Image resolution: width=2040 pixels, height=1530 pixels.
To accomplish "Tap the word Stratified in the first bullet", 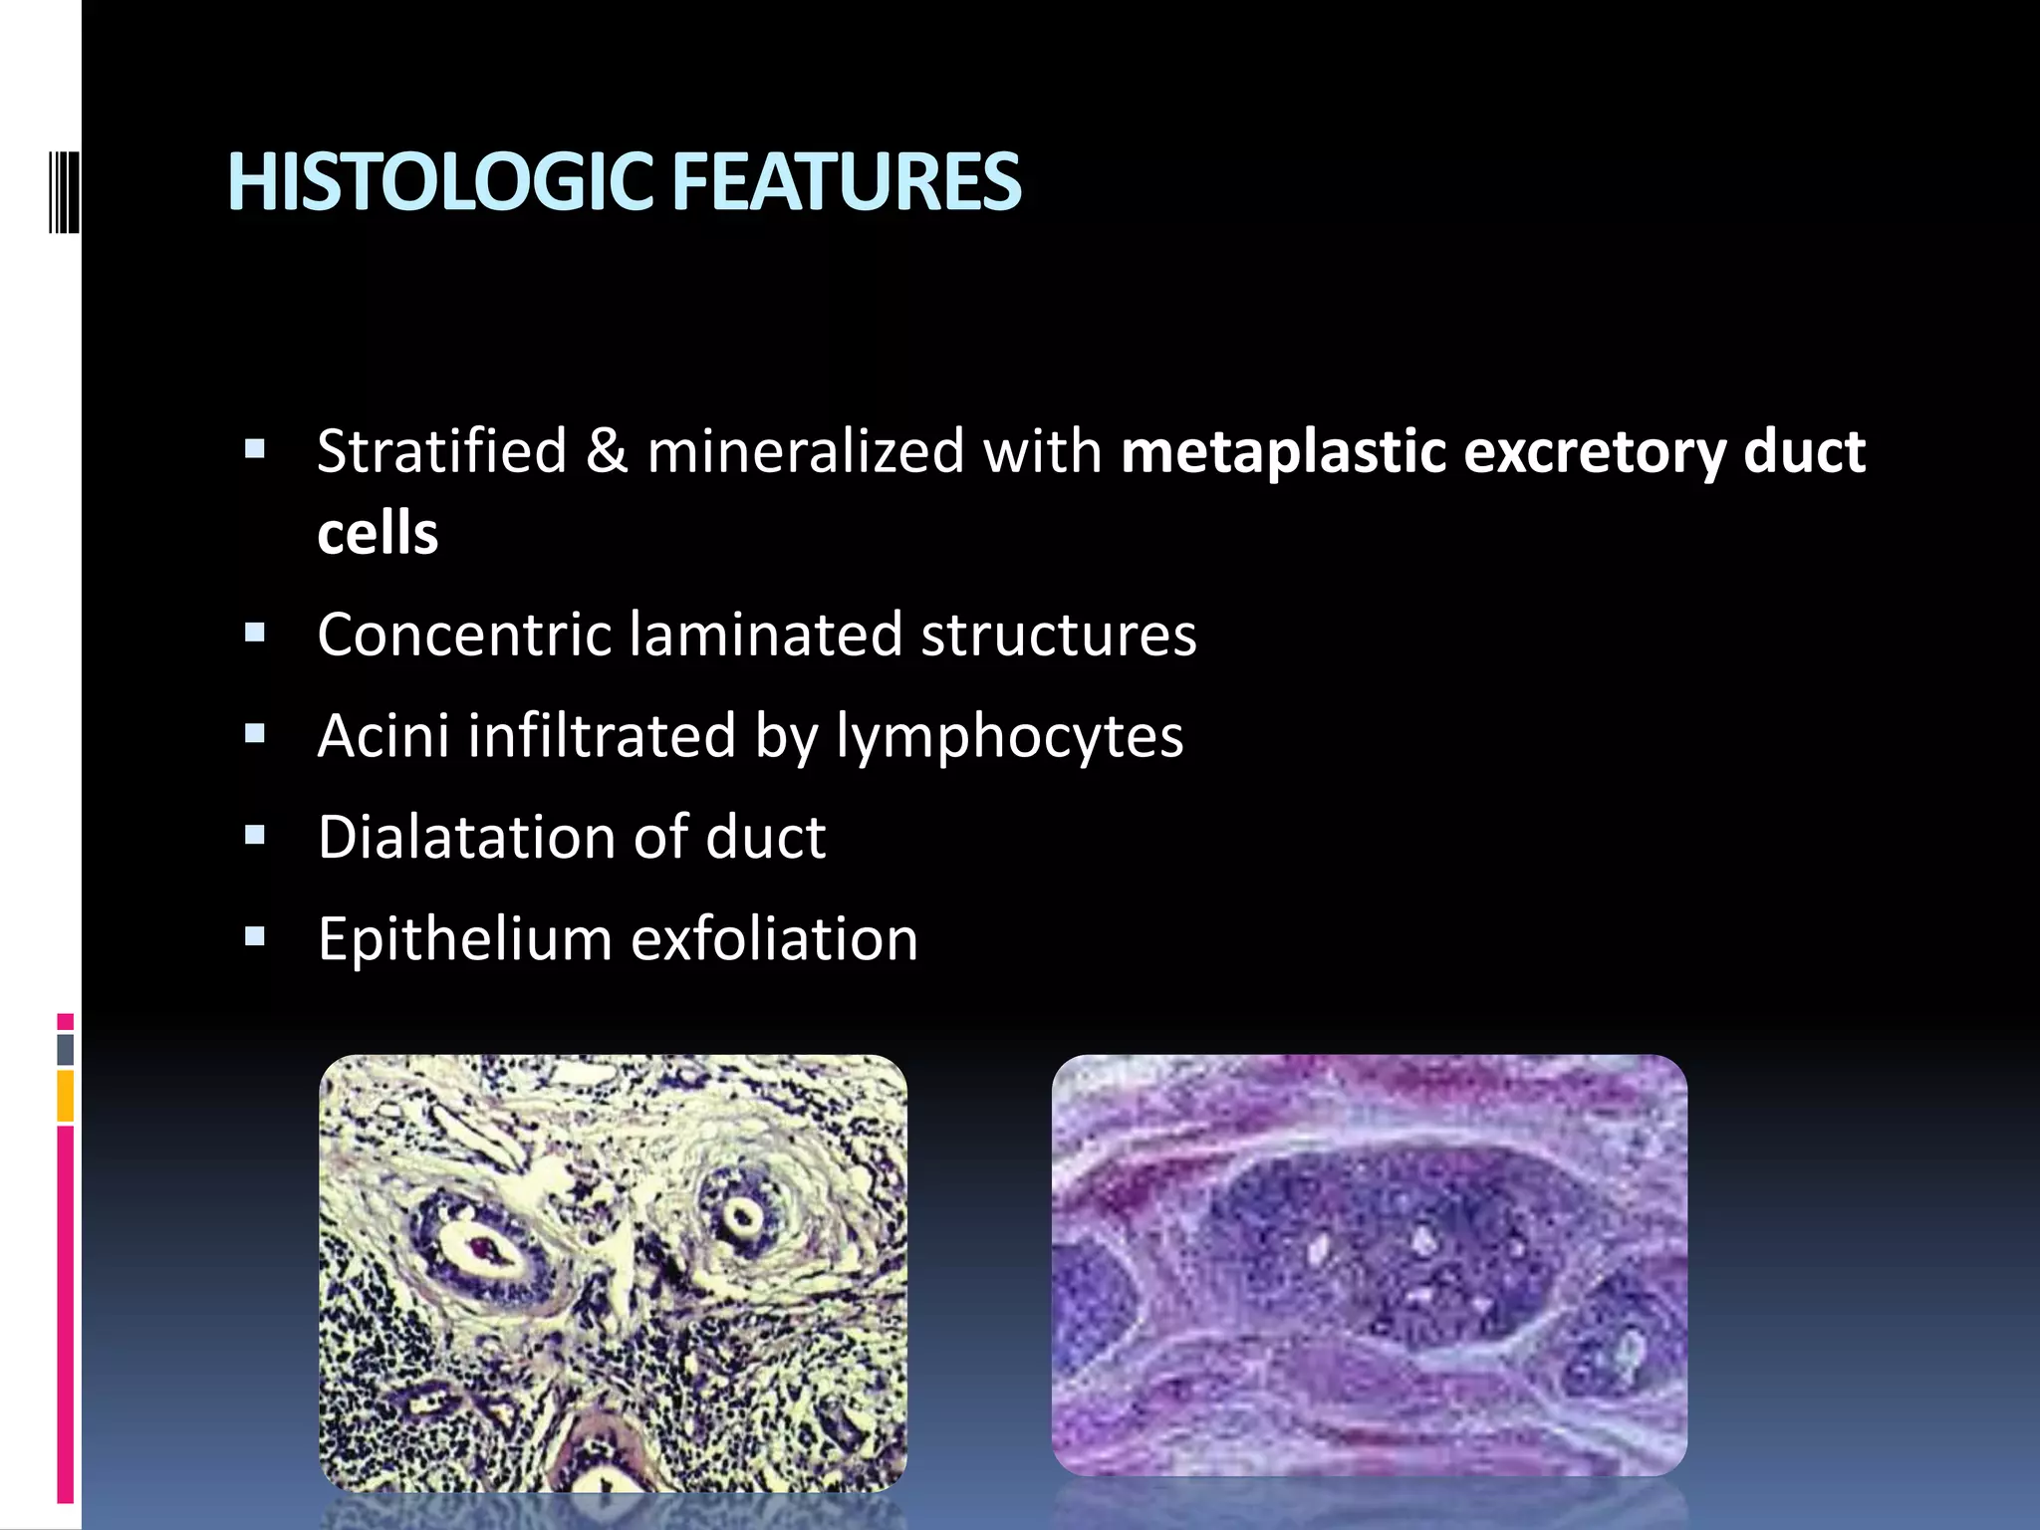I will point(441,451).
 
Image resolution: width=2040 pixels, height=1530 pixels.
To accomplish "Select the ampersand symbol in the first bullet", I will point(606,451).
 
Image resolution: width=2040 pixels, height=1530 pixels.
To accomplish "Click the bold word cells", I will point(378,534).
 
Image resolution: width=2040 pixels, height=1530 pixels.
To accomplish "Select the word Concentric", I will point(463,635).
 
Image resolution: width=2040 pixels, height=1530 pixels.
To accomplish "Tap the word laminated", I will point(765,635).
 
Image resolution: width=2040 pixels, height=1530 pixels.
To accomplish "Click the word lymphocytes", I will point(1009,738).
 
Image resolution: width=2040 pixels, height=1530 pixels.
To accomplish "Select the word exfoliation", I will point(774,939).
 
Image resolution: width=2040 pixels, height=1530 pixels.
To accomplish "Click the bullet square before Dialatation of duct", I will point(255,835).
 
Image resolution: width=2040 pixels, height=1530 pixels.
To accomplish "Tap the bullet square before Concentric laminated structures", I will point(255,633).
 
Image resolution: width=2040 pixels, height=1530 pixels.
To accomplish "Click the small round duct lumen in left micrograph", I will point(741,1216).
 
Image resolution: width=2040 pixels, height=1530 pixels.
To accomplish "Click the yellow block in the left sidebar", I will point(65,1096).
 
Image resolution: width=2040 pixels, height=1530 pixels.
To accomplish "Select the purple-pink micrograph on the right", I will point(1369,1265).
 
